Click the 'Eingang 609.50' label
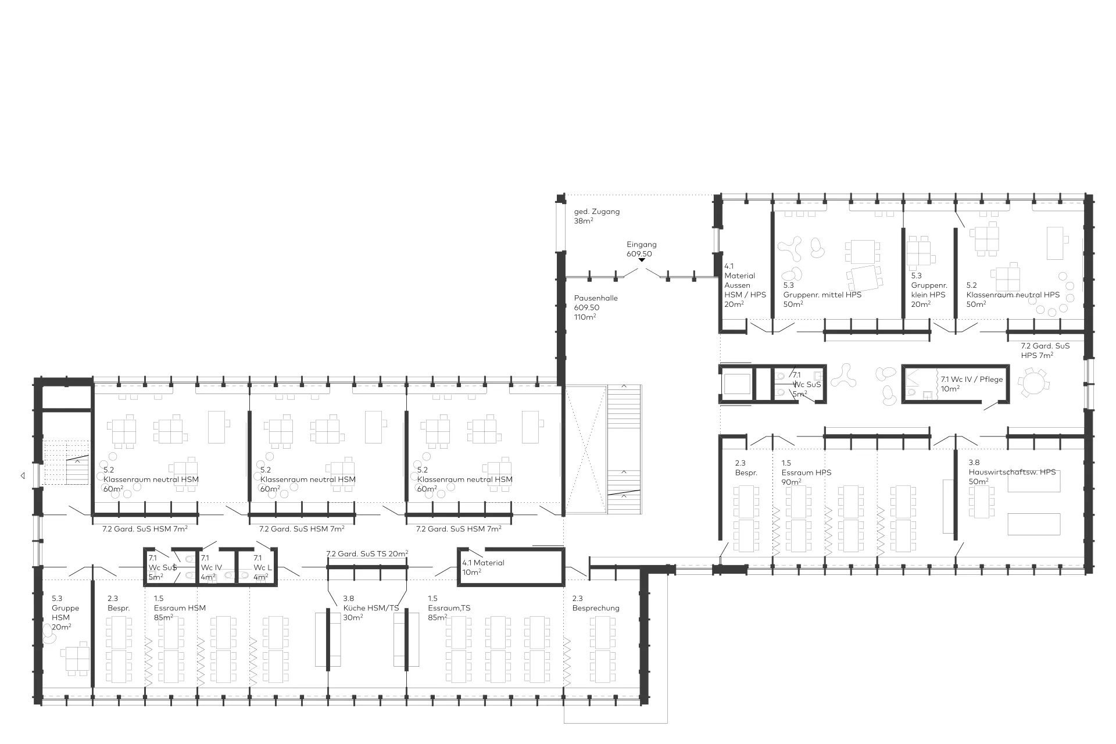tap(641, 249)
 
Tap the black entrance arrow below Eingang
tap(642, 260)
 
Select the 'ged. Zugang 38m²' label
tap(596, 216)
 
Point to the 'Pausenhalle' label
tap(596, 298)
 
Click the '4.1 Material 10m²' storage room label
tap(483, 567)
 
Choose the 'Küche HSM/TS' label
tap(371, 608)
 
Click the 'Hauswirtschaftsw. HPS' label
tap(1012, 472)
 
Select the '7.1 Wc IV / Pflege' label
tap(972, 380)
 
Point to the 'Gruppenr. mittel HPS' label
tap(822, 295)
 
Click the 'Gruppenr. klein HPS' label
tap(929, 290)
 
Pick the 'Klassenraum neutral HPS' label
tap(1013, 295)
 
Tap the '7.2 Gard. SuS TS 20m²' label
tap(367, 553)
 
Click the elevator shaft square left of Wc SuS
tap(736, 384)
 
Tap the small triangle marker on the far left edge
tap(23, 475)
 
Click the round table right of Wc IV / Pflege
tap(1033, 383)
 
